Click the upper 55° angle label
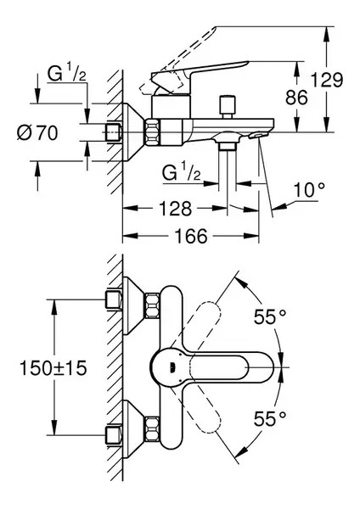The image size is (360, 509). (271, 317)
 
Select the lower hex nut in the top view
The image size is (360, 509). (154, 428)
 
